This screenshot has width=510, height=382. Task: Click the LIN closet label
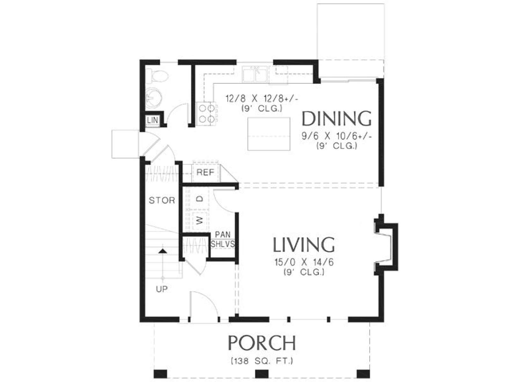tap(152, 120)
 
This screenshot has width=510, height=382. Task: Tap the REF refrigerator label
tap(205, 172)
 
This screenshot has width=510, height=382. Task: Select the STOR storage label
tap(162, 200)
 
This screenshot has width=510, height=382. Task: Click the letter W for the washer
tap(199, 221)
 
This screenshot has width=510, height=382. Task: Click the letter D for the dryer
tap(199, 199)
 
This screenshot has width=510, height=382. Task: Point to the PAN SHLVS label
tap(223, 239)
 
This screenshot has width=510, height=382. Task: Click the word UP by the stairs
tap(162, 289)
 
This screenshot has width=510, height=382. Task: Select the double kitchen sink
tap(255, 74)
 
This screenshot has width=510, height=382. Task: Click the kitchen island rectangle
tap(269, 134)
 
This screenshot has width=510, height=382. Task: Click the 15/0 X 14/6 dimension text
tap(304, 262)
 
